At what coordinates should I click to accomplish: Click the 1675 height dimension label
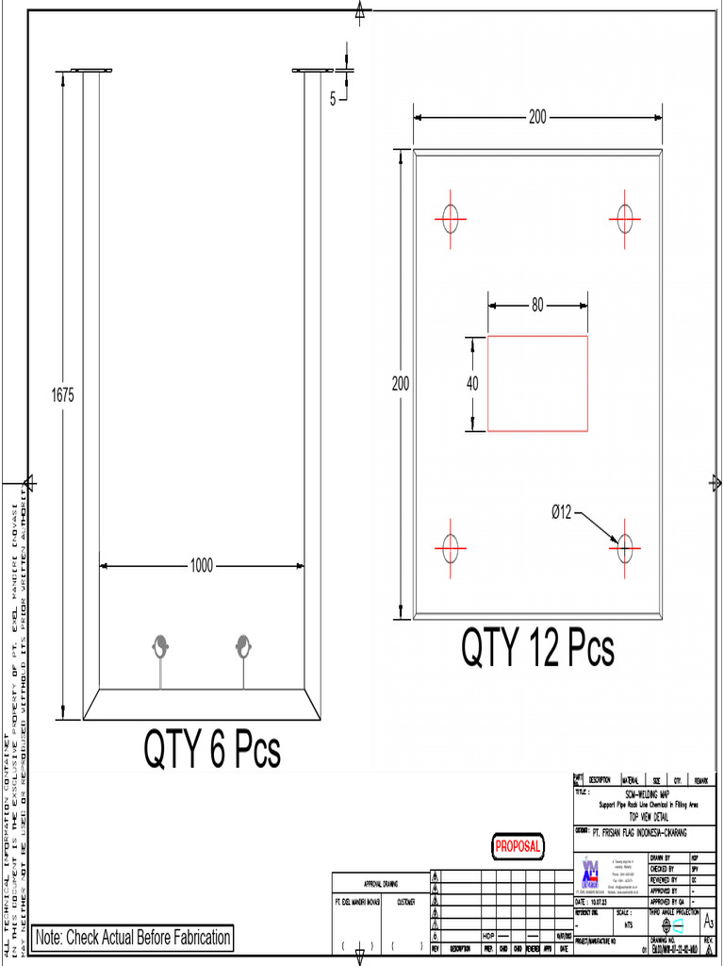click(61, 396)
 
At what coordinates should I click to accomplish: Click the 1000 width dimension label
click(201, 566)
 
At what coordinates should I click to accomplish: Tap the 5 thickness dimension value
click(333, 97)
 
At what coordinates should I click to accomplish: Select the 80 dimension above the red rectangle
click(537, 305)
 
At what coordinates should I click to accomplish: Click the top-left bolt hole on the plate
click(451, 219)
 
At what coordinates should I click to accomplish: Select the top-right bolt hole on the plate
click(624, 219)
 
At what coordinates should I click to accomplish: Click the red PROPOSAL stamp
click(518, 847)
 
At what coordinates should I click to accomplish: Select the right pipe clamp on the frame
click(243, 647)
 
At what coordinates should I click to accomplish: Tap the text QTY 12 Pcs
click(537, 649)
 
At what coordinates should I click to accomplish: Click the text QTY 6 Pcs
click(212, 750)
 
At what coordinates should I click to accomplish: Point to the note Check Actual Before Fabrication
click(132, 938)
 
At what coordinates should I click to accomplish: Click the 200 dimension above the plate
click(537, 118)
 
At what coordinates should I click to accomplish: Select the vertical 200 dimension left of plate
click(402, 384)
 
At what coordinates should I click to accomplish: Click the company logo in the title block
click(591, 873)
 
